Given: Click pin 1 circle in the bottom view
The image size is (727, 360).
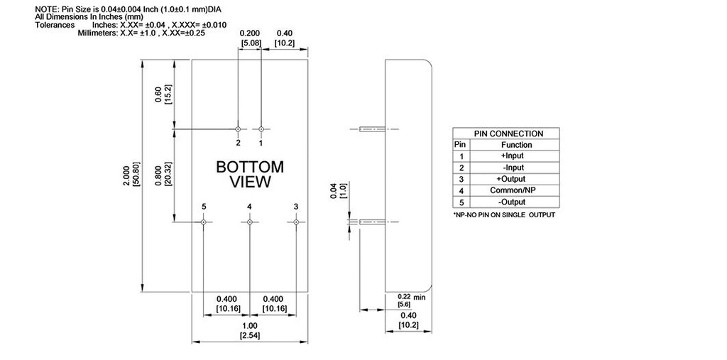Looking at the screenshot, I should tap(261, 129).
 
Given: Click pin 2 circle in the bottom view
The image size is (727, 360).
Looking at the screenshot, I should tap(238, 129).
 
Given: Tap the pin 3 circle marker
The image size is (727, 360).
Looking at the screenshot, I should tap(296, 222).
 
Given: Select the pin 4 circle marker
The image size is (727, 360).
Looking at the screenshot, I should tap(249, 222).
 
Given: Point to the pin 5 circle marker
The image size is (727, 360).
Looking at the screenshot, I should tap(203, 222).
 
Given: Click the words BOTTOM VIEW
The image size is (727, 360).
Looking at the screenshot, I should tap(250, 175).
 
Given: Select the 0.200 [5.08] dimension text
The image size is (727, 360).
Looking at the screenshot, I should tap(250, 38).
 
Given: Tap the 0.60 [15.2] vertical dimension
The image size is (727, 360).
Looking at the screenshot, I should tap(163, 94).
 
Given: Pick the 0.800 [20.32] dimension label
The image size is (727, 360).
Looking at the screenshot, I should tap(163, 174).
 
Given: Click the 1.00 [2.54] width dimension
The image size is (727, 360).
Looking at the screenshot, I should tap(250, 330).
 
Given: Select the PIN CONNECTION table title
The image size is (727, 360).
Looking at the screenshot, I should tap(508, 133).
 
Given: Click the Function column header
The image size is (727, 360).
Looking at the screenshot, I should tap(516, 145).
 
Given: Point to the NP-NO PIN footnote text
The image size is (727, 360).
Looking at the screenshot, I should tap(503, 214).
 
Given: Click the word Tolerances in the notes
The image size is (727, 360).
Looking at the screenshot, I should tap(55, 25).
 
